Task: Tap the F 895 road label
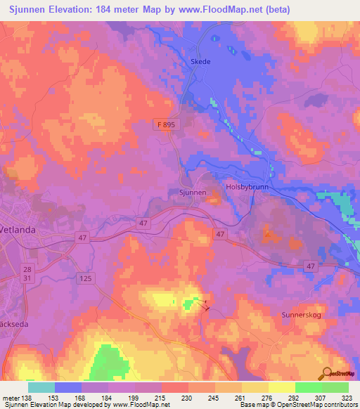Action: [x=165, y=124]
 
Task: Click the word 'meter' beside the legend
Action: [x=10, y=398]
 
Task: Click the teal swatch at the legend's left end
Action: [x=41, y=387]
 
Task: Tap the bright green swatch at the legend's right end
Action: [x=335, y=387]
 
